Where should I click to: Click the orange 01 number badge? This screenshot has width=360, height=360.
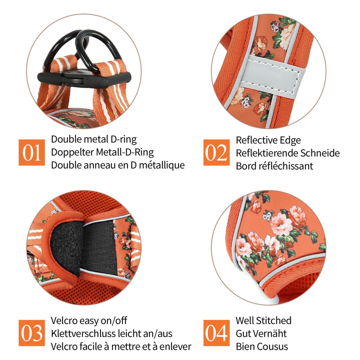pos(31,152)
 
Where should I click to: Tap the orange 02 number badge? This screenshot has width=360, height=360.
pos(217,152)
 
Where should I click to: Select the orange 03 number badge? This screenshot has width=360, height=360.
pos(31,333)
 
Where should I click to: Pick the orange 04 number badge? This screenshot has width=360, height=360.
pos(217,333)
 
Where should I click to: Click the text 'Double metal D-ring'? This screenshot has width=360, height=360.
pos(94,140)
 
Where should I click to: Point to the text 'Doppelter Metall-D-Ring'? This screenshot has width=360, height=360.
pos(102,152)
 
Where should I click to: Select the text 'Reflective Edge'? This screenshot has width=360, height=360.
pos(268,140)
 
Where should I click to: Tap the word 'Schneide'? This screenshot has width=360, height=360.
pos(320,153)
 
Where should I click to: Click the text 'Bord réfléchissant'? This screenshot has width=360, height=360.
pos(274,166)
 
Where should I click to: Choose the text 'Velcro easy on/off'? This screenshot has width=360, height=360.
pos(89,321)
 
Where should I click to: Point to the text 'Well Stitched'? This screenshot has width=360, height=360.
pos(264,321)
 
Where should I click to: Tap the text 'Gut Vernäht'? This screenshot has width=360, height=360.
pos(261,334)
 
